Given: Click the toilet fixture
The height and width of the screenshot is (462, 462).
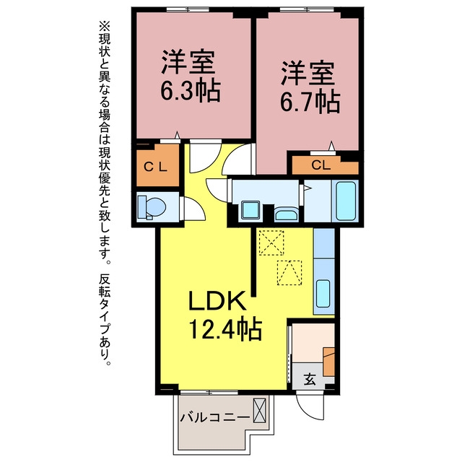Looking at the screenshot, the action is pos(152,207).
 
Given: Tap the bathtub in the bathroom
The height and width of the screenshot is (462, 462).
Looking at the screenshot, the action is pos(345,201).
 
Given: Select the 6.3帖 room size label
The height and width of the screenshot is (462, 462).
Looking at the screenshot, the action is pos(191,90).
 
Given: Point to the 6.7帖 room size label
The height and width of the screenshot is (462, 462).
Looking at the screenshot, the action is pos(310,102).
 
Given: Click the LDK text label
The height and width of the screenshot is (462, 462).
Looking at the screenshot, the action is pos(217,301).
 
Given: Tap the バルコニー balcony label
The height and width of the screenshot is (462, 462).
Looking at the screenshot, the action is pos(215,417).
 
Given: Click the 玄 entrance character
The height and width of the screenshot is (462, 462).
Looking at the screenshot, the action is pos(310,379).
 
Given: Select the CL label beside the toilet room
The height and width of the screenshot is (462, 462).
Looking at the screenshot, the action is pos(155,167).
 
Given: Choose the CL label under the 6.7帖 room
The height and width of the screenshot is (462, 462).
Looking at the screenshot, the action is pos(321,165).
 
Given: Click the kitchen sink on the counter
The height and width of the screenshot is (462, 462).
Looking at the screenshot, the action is pos(323,294).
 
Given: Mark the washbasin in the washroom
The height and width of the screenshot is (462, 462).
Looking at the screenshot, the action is pos(286,214).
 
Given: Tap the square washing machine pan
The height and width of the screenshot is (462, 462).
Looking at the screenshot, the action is pos(250,210).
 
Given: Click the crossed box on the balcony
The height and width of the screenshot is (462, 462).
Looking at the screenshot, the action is pos(260,410).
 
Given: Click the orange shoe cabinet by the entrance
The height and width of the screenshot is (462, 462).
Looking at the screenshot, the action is pos(329,362).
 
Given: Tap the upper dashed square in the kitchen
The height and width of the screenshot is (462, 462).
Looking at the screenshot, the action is pos(271,243).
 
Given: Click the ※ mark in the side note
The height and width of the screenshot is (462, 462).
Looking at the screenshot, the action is pos(104,27).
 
